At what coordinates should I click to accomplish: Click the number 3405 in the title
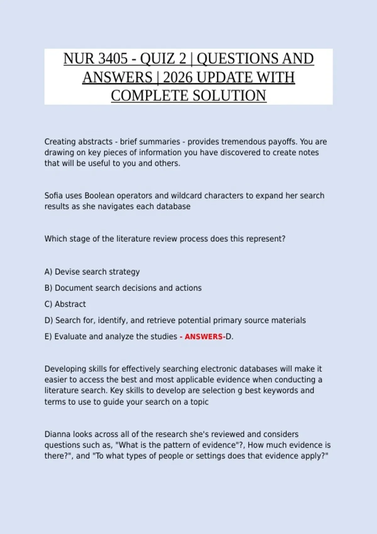tap(112, 59)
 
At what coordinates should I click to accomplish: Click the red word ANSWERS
tap(204, 337)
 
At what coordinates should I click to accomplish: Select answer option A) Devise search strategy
tap(92, 272)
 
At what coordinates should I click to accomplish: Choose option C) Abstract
tap(65, 304)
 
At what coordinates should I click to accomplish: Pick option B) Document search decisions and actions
tap(123, 288)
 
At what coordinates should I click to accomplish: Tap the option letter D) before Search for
tap(49, 320)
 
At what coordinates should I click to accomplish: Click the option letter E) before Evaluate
tap(48, 337)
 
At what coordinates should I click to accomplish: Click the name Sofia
tap(53, 196)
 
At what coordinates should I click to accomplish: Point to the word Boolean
tap(99, 196)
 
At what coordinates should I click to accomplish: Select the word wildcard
tap(186, 196)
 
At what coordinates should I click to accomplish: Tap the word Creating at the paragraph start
tap(60, 142)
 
